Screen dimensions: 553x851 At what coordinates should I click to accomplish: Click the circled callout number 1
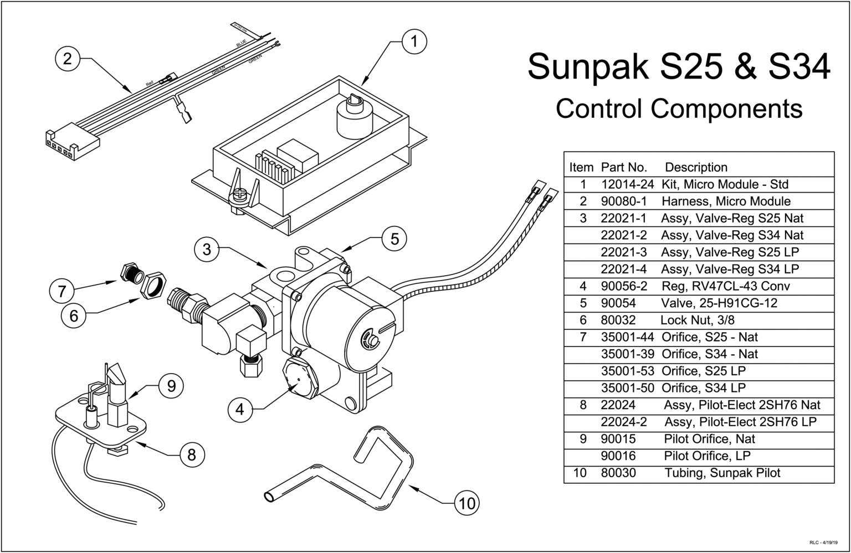(x=414, y=42)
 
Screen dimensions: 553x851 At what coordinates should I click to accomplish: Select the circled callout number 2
(x=68, y=58)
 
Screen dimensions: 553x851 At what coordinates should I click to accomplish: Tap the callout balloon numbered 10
(x=467, y=503)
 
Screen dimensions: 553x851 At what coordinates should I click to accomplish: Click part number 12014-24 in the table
(x=627, y=184)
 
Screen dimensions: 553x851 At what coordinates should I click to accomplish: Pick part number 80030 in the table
(x=618, y=473)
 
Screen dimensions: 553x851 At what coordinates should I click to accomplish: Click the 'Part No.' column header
(x=624, y=167)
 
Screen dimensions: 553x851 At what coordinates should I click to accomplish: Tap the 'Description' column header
(x=696, y=167)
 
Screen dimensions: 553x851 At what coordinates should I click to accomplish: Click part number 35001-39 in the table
(x=627, y=354)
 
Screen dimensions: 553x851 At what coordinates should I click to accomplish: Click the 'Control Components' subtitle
(x=679, y=108)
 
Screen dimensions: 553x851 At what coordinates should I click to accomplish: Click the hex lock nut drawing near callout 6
(x=153, y=283)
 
